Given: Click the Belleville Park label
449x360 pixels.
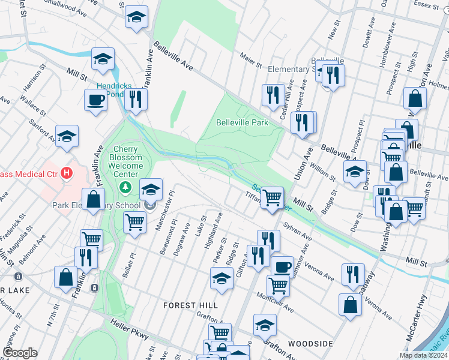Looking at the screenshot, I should pos(241,122).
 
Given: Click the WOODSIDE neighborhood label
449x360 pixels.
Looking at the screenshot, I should pos(310,343).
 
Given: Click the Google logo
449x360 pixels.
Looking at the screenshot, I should pos(19,353).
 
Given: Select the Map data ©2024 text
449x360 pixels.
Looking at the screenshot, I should pos(423,355).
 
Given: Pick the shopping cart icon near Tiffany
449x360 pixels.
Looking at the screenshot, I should pos(273,197).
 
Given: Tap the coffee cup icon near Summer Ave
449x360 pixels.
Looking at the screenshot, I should pos(282,266).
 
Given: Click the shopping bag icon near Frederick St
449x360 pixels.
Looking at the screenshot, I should pos(94,199).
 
